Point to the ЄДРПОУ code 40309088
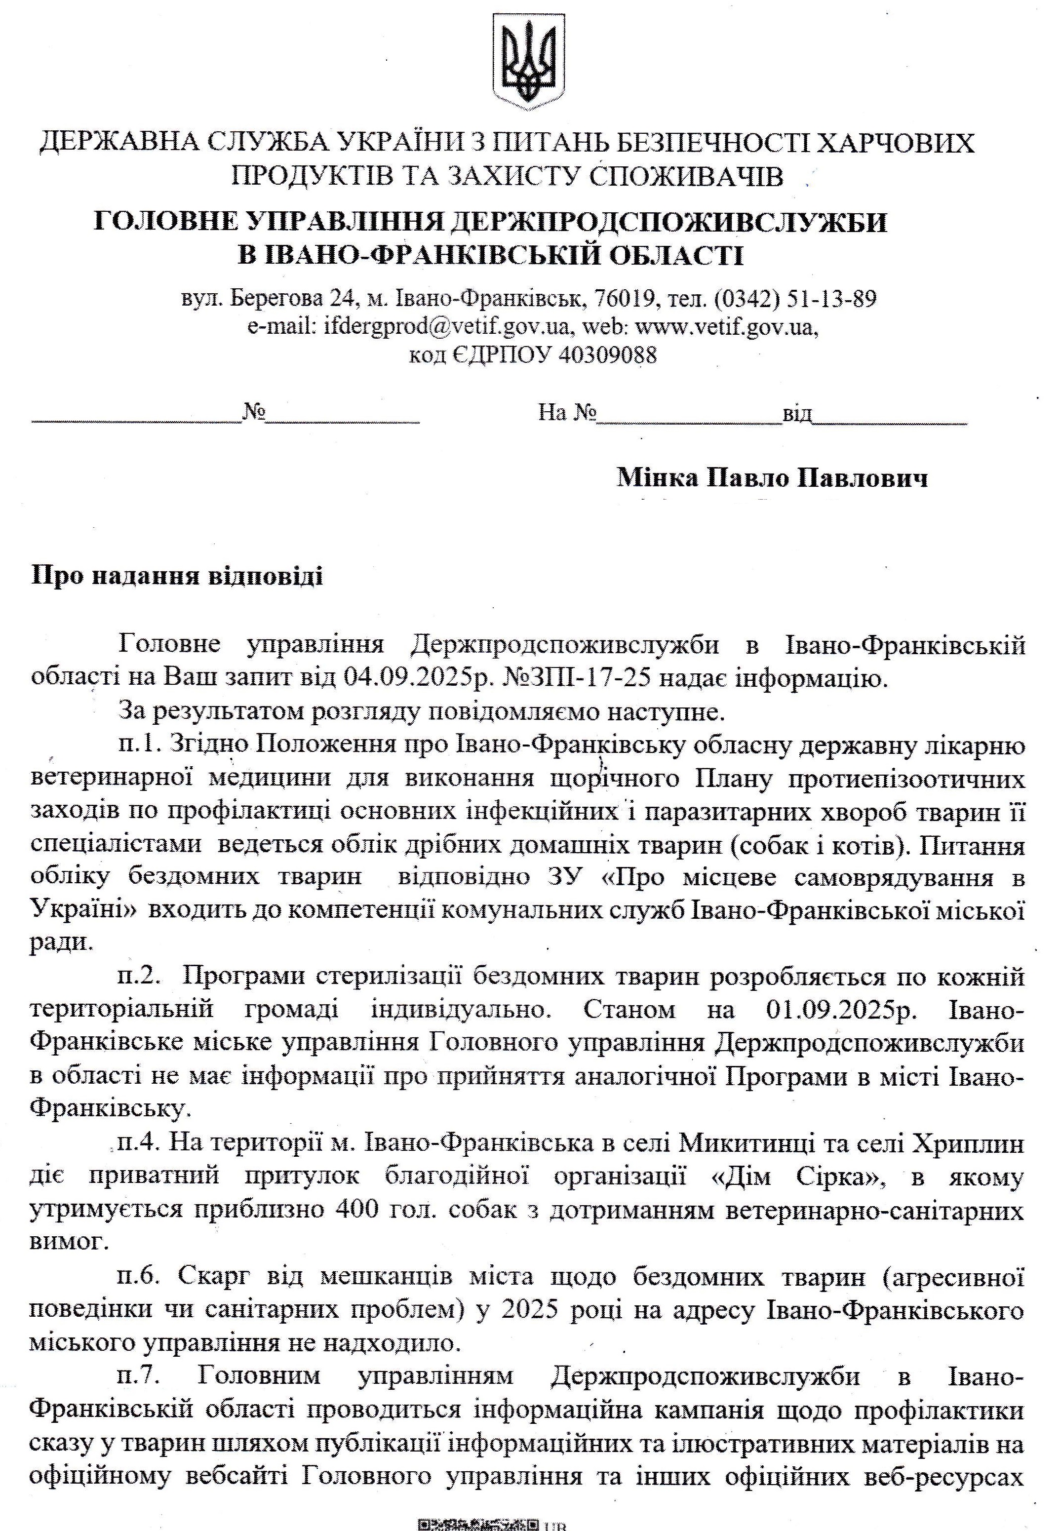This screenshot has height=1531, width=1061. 608,355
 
